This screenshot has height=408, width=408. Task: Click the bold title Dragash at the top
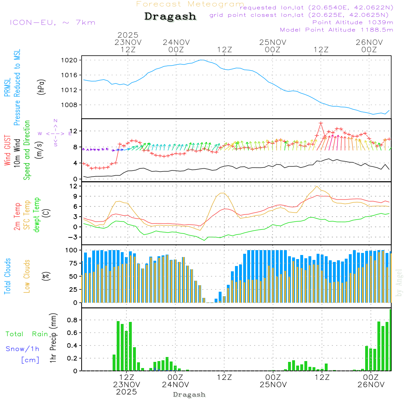pyautogui.click(x=170, y=16)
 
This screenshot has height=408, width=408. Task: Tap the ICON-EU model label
pyautogui.click(x=52, y=22)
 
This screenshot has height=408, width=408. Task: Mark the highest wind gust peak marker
pyautogui.click(x=321, y=123)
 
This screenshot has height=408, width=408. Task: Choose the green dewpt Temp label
pyautogui.click(x=37, y=215)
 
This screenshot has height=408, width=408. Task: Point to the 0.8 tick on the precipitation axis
pyautogui.click(x=72, y=320)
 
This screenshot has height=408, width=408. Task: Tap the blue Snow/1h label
pyautogui.click(x=23, y=349)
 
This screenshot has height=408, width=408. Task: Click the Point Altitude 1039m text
pyautogui.click(x=353, y=22)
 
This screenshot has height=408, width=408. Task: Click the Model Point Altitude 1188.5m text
pyautogui.click(x=336, y=30)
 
